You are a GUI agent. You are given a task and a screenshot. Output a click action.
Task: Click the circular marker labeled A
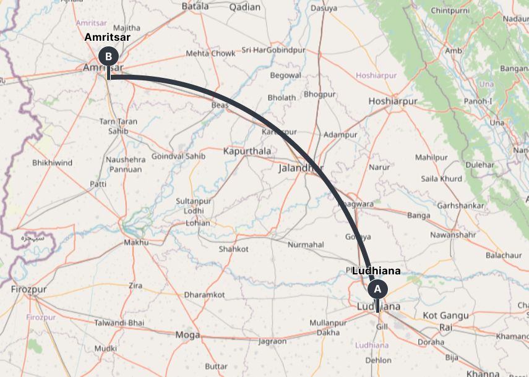click(x=377, y=289)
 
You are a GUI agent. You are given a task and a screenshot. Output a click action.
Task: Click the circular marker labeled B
click(x=108, y=56)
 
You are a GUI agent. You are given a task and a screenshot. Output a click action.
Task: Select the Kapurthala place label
click(x=247, y=151)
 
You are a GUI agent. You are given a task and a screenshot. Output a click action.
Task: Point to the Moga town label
click(x=187, y=335)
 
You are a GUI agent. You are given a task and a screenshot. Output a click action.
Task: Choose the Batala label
click(x=196, y=6)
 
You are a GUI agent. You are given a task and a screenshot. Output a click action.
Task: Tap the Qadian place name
click(x=245, y=7)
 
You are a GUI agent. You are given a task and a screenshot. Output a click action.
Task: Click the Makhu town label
click(x=137, y=243)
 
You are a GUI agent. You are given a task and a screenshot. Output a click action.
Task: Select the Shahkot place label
click(x=233, y=249)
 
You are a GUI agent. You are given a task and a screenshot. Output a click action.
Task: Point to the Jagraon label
click(x=272, y=341)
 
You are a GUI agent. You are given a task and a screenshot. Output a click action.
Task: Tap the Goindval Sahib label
click(x=178, y=156)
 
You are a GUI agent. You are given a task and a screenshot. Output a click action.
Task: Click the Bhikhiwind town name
click(x=52, y=163)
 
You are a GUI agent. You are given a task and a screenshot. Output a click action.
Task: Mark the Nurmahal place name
click(x=306, y=245)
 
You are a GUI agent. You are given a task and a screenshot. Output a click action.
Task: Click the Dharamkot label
click(x=205, y=295)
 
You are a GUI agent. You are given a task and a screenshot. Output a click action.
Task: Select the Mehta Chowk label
click(x=210, y=54)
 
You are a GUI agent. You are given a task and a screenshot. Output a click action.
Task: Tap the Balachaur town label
click(x=504, y=255)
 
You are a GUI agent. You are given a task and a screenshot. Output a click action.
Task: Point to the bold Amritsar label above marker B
click(x=108, y=38)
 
